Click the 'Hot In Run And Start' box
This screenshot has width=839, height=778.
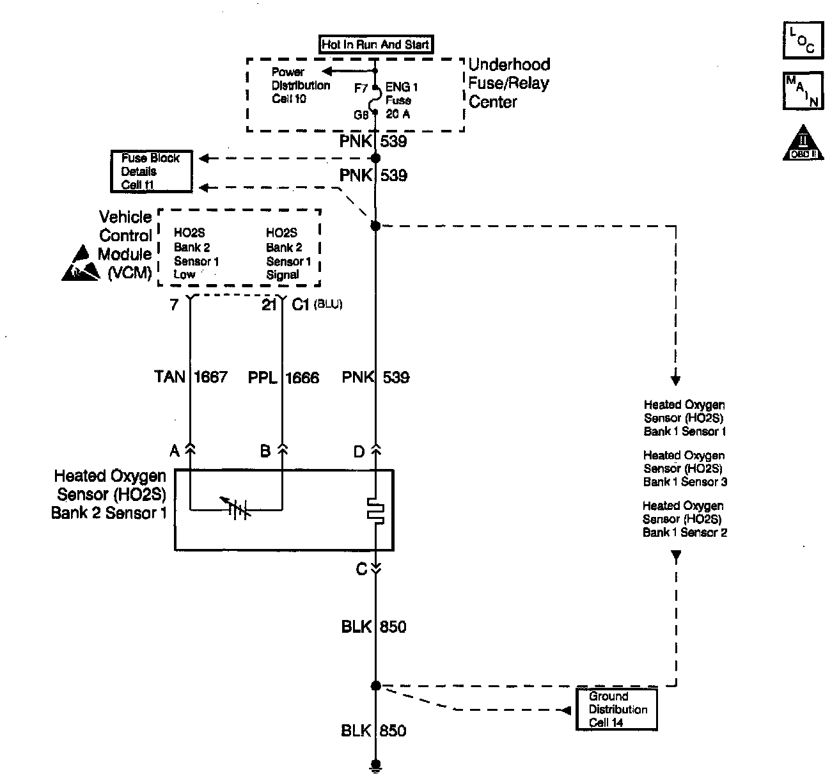point(376,44)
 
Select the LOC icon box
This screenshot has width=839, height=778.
point(803,40)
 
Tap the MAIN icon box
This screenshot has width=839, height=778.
point(803,91)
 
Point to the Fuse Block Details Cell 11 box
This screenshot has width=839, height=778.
point(152,171)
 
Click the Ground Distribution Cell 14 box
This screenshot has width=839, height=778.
point(617,710)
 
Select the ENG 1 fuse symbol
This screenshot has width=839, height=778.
point(375,100)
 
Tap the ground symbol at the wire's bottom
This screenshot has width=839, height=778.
point(375,765)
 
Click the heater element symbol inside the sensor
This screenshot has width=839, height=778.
point(375,511)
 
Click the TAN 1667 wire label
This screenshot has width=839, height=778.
point(191,377)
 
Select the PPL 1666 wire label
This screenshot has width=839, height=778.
point(283,377)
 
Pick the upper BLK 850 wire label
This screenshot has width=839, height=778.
point(374,626)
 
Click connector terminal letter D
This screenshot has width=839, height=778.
point(359,452)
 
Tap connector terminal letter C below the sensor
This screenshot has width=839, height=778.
point(361,569)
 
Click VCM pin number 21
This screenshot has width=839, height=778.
point(269,305)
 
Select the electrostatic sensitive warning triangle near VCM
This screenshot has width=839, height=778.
point(81,263)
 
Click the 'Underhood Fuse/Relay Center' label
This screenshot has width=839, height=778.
point(510,83)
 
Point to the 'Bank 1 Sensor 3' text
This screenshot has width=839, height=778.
point(686,482)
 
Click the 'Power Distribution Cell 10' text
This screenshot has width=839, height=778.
point(301,85)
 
